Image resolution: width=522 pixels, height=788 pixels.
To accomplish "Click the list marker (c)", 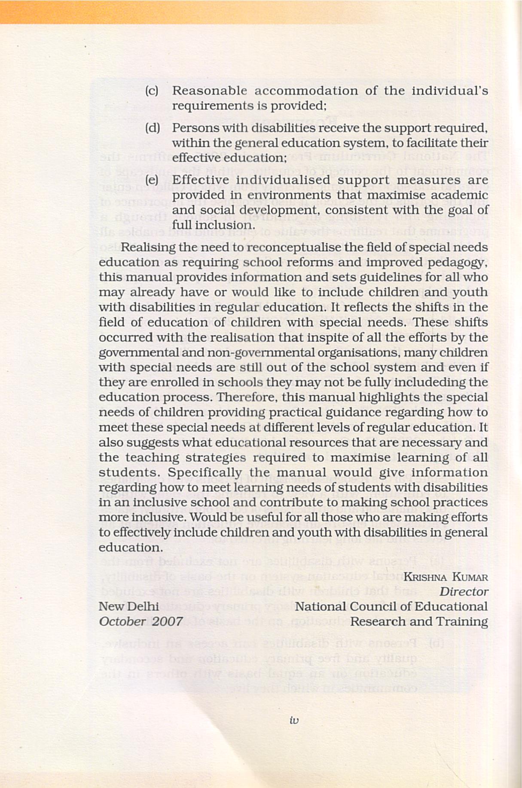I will tap(152, 91).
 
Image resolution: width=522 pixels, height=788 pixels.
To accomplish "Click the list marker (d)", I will tap(152, 128).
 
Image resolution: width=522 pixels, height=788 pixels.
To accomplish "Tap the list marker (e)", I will tap(152, 180).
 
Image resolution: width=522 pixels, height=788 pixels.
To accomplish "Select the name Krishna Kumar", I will tap(446, 577).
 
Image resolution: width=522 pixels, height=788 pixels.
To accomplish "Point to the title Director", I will tap(464, 592).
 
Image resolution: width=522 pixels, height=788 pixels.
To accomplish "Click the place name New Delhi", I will tap(128, 606).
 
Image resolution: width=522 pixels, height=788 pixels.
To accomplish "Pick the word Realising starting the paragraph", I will tap(148, 248).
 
